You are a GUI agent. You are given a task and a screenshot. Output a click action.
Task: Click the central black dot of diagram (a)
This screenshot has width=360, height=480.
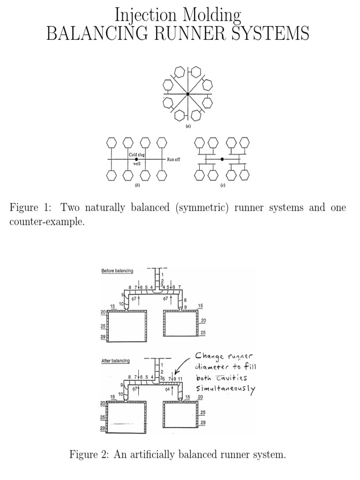pos(187,94)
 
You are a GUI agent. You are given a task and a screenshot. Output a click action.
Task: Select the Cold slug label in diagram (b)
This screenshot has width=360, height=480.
pos(137,155)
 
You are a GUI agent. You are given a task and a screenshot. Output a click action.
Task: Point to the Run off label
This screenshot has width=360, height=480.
pos(173,159)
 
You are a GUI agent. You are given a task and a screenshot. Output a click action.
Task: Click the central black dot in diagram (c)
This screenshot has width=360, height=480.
pos(222,159)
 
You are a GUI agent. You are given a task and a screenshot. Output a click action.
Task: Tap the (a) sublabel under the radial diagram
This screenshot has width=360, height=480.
pos(187,126)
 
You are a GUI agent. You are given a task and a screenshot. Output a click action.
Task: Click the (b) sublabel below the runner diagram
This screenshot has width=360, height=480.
pos(137,186)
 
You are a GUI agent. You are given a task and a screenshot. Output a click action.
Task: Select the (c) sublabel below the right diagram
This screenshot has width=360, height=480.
pos(222,186)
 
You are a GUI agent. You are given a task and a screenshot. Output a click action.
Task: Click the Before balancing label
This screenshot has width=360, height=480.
pos(117,271)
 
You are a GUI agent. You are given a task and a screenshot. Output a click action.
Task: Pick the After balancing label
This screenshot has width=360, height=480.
pos(116,360)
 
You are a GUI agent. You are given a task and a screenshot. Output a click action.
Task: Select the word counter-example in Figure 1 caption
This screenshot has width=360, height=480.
pos(47,222)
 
